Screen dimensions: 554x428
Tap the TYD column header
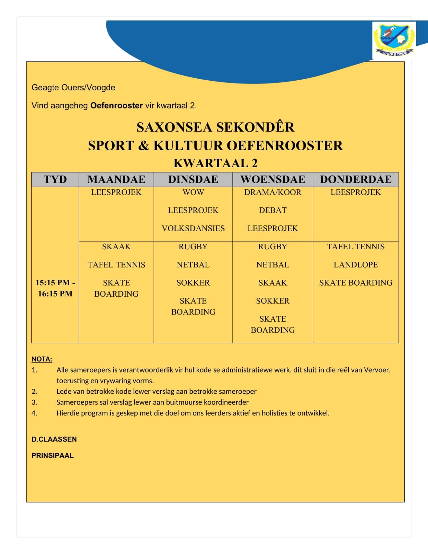click(55, 179)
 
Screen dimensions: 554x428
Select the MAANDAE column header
click(116, 179)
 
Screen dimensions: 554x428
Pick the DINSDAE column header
click(193, 179)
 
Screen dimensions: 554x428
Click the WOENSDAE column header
click(273, 179)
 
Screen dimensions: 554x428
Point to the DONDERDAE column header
click(356, 179)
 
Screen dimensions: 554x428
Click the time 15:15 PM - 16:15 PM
click(55, 288)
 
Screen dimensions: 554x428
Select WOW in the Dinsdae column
click(193, 193)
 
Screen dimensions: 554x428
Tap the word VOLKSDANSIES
click(193, 229)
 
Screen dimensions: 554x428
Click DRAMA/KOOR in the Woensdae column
click(273, 193)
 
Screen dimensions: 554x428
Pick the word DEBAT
click(273, 211)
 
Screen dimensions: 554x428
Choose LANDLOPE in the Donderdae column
click(356, 265)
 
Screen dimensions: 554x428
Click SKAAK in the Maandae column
click(116, 247)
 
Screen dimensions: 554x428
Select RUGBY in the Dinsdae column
click(193, 247)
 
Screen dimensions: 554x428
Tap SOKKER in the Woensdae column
click(273, 301)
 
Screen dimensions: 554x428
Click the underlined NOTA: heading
click(42, 359)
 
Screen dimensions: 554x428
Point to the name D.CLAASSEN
click(54, 439)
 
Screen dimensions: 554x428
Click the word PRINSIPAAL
click(53, 456)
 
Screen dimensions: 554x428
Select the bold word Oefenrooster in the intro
click(116, 106)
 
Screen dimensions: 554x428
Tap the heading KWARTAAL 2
click(215, 163)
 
